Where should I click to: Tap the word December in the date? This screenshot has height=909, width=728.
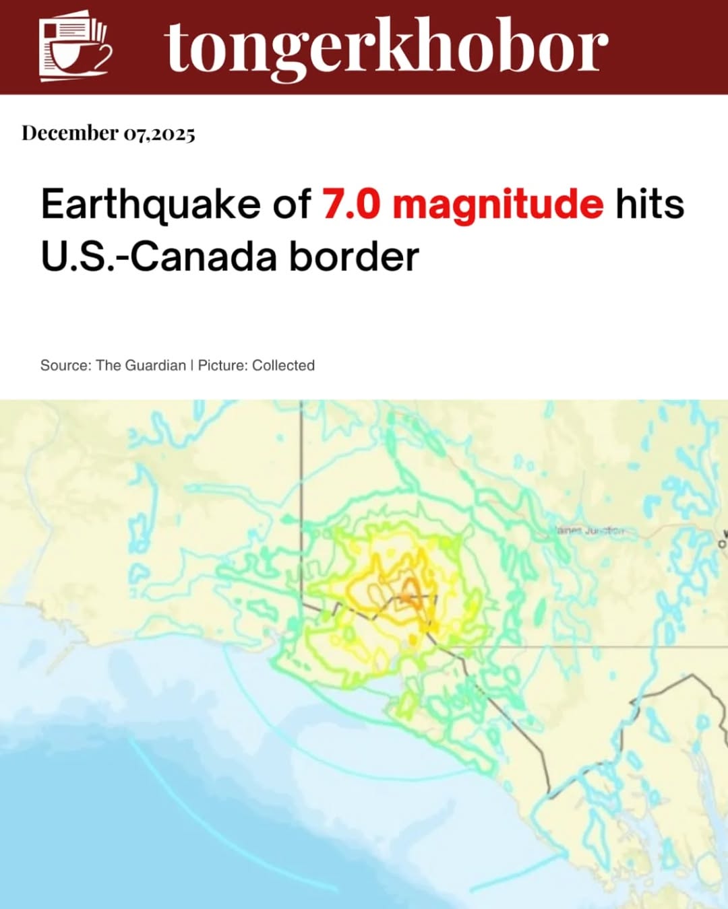coord(70,133)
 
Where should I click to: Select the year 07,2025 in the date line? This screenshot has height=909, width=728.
coord(159,134)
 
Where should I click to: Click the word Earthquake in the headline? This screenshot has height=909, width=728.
coord(150,204)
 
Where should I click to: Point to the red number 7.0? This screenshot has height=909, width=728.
coord(351,204)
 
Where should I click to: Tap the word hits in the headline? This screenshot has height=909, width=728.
coord(650,204)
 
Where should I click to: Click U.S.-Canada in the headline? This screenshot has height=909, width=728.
coord(158,257)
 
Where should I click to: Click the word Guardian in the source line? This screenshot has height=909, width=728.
coord(155,365)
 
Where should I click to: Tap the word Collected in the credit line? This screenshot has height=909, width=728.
coord(283,365)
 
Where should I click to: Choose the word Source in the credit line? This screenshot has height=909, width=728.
coord(65,365)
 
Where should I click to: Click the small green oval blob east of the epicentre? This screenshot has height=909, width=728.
coord(539,609)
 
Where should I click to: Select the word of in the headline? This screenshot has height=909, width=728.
coord(291,204)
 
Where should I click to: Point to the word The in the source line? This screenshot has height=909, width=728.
coord(108,365)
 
